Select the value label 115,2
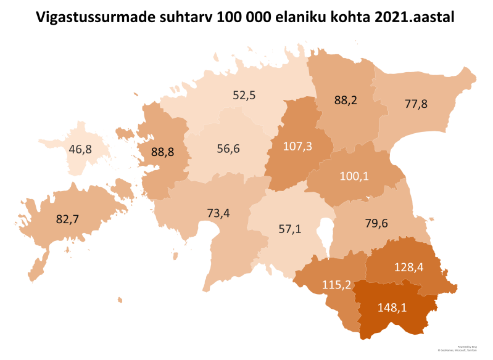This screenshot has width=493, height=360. pyautogui.click(x=338, y=285)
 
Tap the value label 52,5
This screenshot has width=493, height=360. pyautogui.click(x=244, y=96)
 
